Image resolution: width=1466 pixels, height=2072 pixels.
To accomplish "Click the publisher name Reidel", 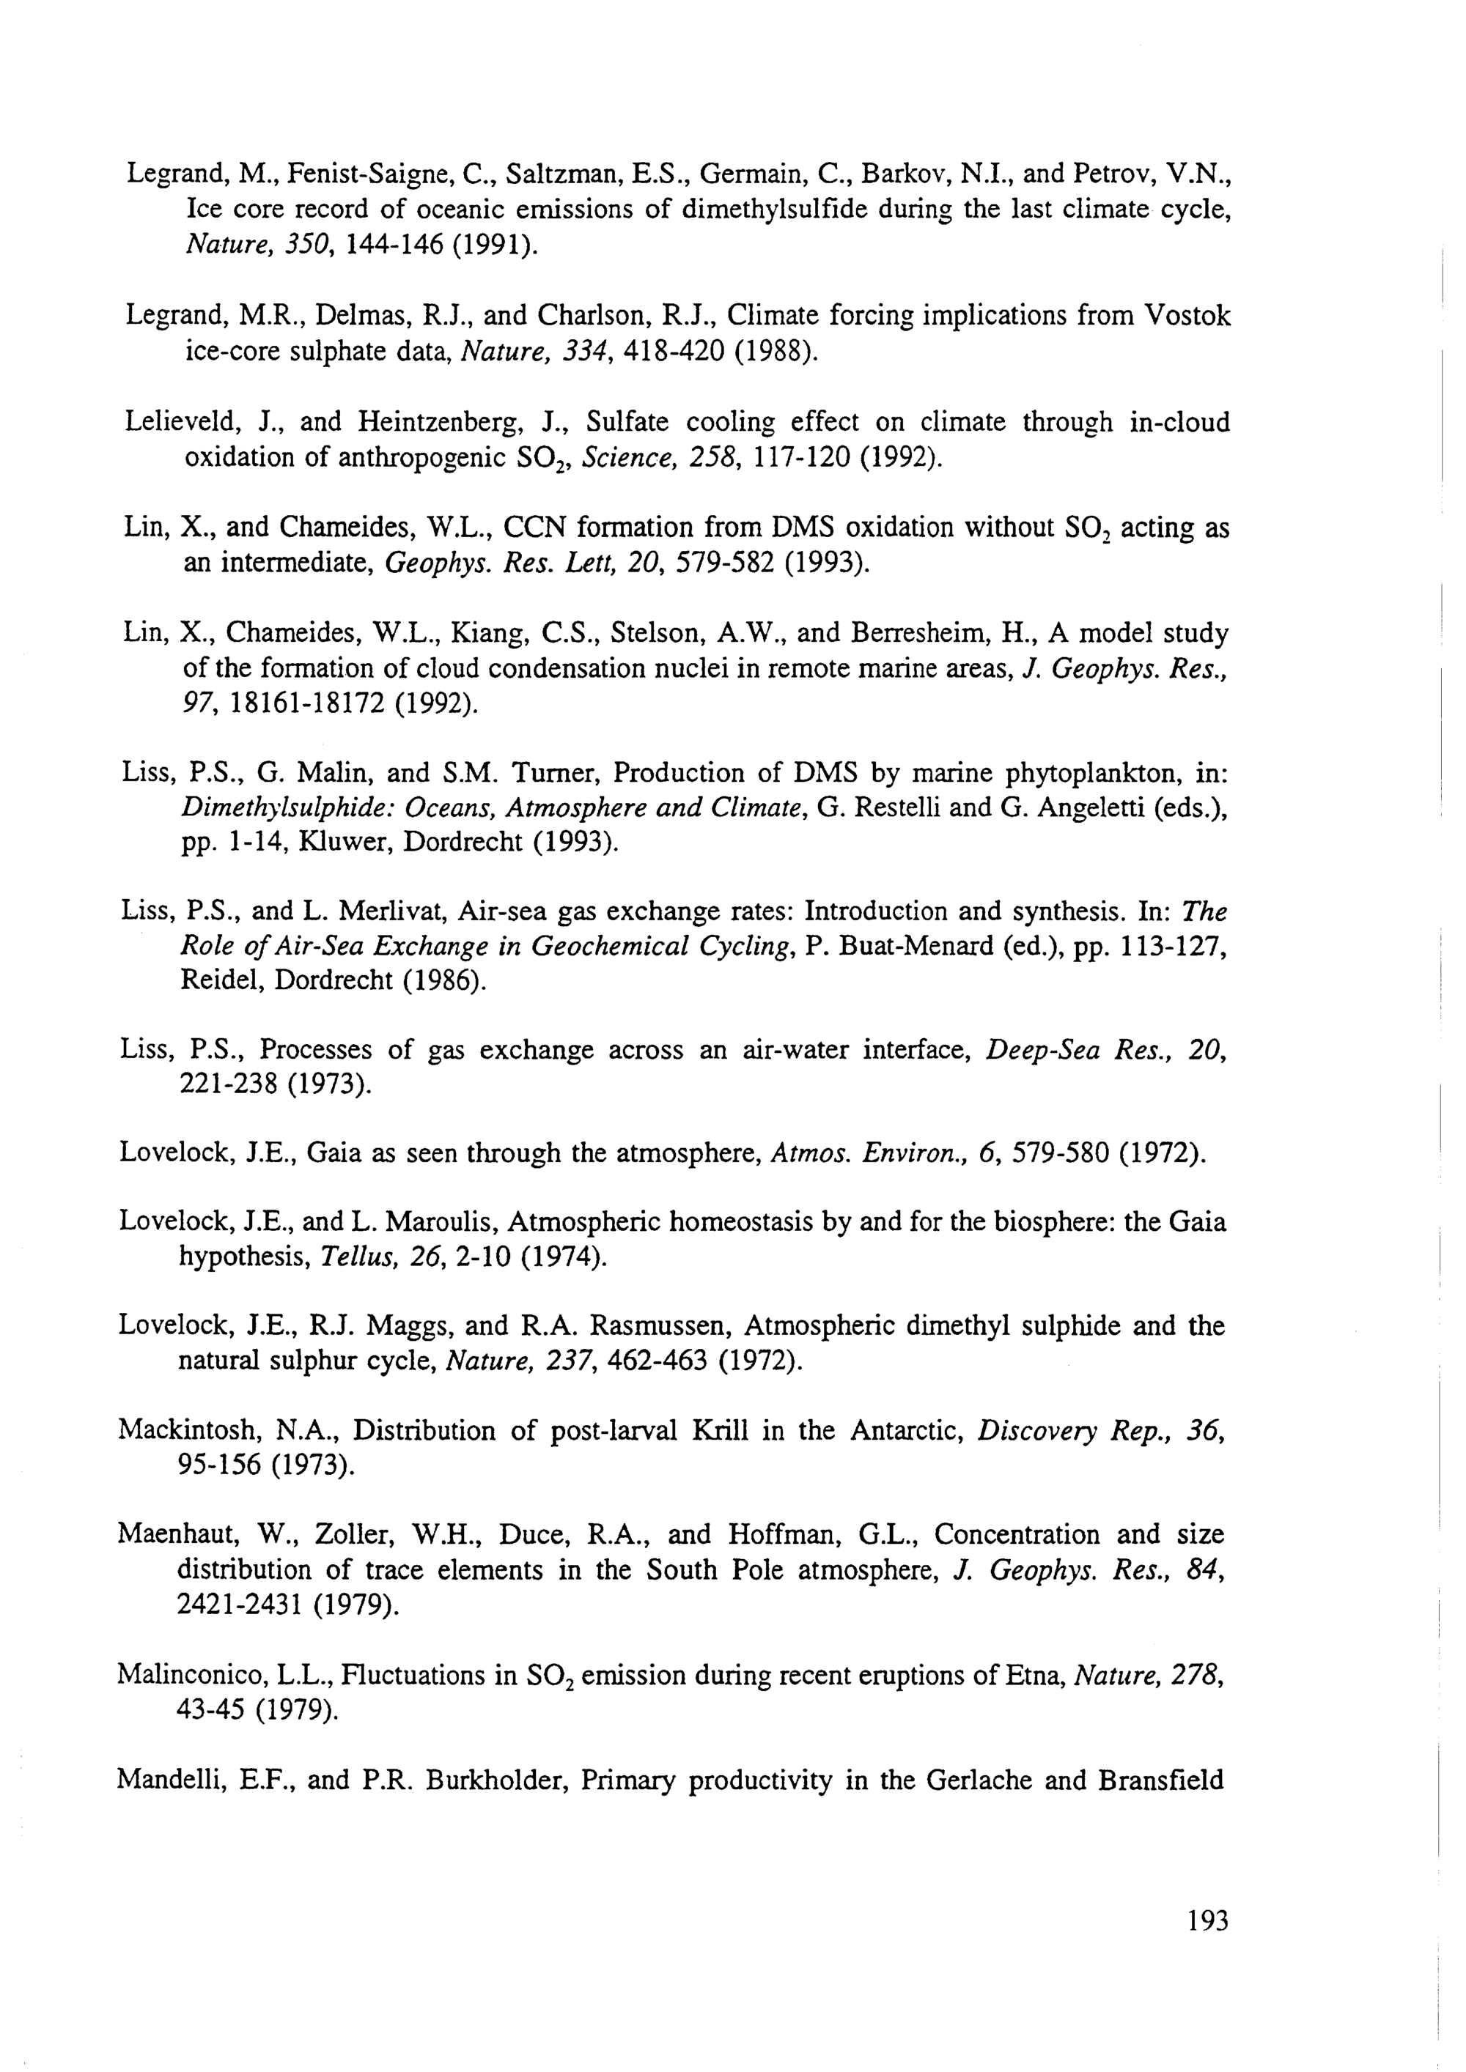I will coord(222,980).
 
